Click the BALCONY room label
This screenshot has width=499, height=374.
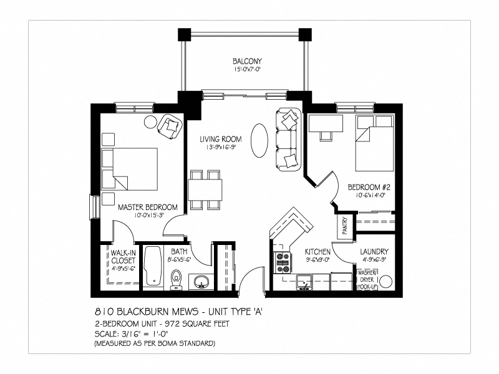[247, 61]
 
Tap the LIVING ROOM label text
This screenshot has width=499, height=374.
[220, 139]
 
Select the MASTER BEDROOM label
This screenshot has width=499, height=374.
[148, 207]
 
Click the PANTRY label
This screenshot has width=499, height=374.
[345, 226]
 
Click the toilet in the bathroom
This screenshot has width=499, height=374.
[177, 280]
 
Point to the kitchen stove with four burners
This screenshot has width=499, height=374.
[283, 262]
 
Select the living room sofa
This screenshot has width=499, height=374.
[287, 138]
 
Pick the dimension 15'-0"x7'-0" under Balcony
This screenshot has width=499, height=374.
[247, 69]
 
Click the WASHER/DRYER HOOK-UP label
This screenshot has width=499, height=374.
[366, 279]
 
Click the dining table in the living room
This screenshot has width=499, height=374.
[205, 187]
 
